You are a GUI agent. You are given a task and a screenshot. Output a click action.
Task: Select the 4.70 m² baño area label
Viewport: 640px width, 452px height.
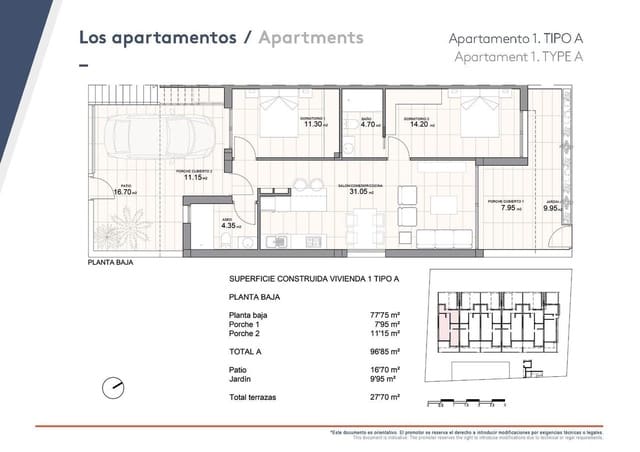click(367, 125)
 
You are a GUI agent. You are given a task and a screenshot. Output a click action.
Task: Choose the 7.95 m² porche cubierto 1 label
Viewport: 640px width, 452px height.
click(506, 208)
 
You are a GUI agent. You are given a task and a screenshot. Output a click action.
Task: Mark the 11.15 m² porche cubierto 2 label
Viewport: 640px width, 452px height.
click(195, 177)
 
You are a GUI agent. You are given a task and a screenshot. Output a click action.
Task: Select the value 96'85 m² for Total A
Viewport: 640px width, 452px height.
click(384, 352)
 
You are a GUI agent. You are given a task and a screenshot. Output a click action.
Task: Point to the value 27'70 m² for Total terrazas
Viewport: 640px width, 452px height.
click(384, 398)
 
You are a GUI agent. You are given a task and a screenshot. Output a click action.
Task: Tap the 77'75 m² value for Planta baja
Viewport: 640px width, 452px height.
click(384, 315)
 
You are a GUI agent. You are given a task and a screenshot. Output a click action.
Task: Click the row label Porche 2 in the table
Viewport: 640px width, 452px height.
click(245, 333)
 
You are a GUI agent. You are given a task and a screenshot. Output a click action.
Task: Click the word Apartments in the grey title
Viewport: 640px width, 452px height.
click(310, 38)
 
